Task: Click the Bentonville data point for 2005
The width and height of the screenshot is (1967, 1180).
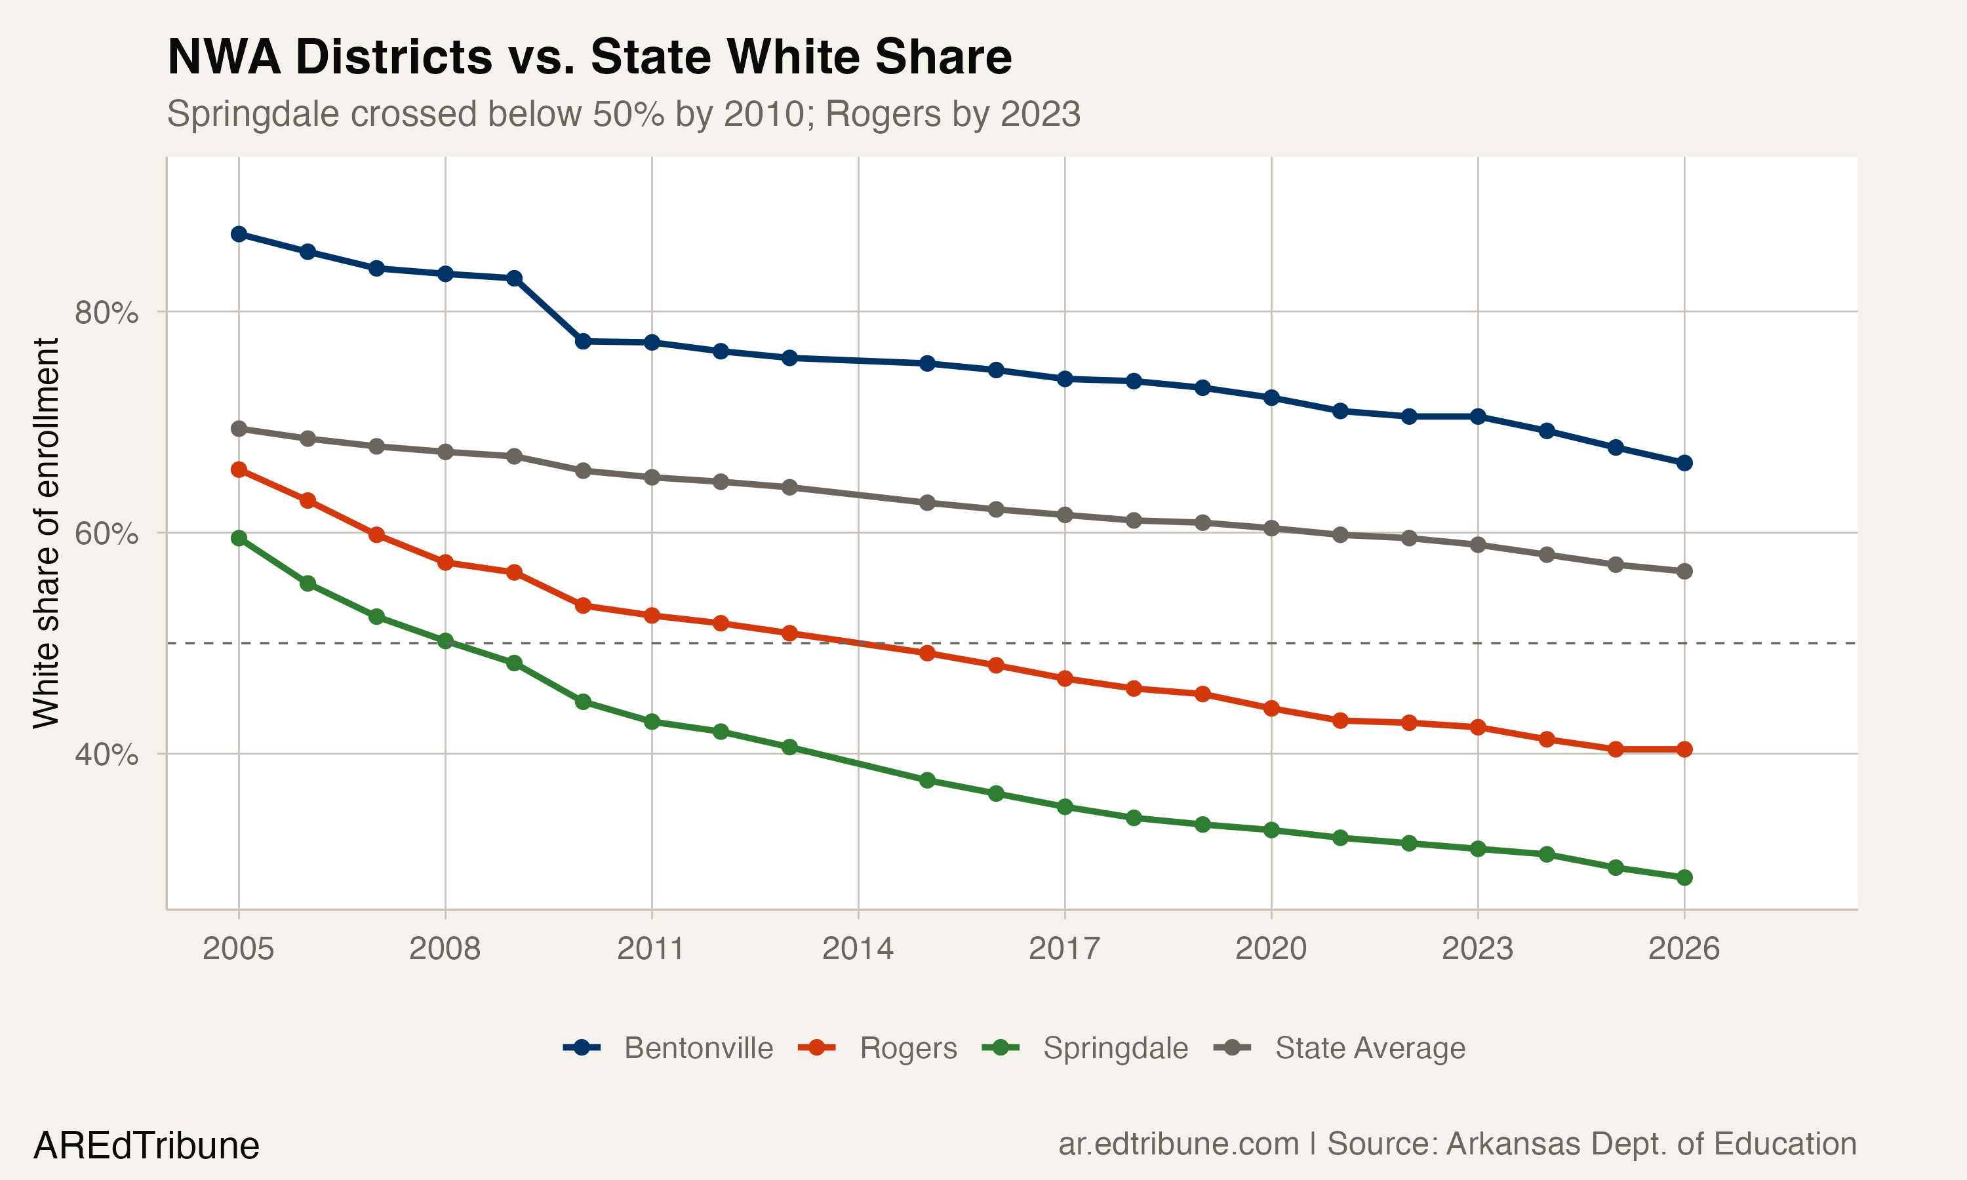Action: click(x=239, y=234)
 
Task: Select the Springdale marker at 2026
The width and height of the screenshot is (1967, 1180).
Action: click(x=1684, y=878)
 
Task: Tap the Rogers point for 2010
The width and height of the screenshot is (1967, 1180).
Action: click(x=583, y=606)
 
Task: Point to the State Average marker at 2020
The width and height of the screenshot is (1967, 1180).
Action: click(x=1271, y=528)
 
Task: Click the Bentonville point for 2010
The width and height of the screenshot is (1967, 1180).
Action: click(x=583, y=341)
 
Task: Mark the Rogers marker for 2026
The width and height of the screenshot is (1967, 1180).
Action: click(x=1684, y=749)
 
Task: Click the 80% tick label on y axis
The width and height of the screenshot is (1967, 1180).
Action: click(x=106, y=313)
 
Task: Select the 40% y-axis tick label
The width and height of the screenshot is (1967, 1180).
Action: click(x=106, y=755)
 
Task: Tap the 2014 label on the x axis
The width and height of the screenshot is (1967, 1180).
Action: click(x=858, y=949)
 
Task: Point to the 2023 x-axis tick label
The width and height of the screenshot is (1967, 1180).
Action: click(x=1477, y=949)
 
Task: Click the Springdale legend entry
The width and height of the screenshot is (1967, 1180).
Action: click(x=1115, y=1048)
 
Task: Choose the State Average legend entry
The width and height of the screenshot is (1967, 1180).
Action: click(x=1369, y=1048)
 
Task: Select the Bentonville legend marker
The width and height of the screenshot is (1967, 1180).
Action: click(x=582, y=1048)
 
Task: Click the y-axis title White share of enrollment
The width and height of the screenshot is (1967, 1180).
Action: click(x=46, y=533)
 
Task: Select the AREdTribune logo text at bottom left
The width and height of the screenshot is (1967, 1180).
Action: click(x=146, y=1146)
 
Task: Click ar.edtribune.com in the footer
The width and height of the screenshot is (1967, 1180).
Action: click(x=1178, y=1144)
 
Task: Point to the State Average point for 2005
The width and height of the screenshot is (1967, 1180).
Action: click(x=239, y=429)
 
